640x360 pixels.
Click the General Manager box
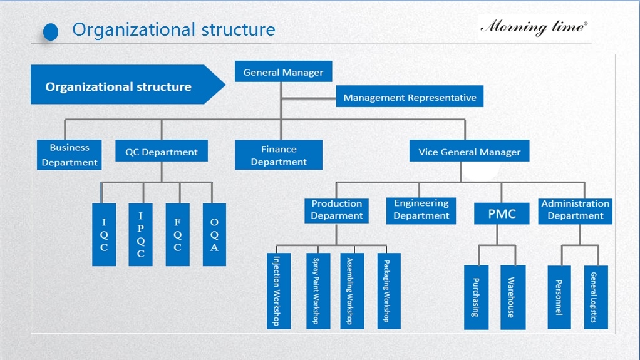(283, 72)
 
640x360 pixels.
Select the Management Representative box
(410, 97)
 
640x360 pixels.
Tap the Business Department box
(70, 155)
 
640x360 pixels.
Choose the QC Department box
(162, 152)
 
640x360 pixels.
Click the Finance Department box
(279, 155)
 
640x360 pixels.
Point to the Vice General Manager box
(469, 152)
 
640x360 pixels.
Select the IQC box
(104, 234)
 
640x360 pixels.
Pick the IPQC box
(141, 234)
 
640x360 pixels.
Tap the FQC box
(177, 234)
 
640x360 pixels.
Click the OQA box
(214, 234)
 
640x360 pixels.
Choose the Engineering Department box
(421, 210)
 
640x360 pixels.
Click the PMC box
(502, 213)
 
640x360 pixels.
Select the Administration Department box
(575, 210)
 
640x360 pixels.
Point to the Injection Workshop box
(279, 291)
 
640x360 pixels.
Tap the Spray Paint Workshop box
(317, 291)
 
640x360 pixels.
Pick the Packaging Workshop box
(388, 291)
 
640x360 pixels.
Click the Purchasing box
(476, 297)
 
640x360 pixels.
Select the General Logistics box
(596, 297)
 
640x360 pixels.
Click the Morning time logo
(534, 27)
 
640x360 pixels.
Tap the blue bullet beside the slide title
(51, 31)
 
